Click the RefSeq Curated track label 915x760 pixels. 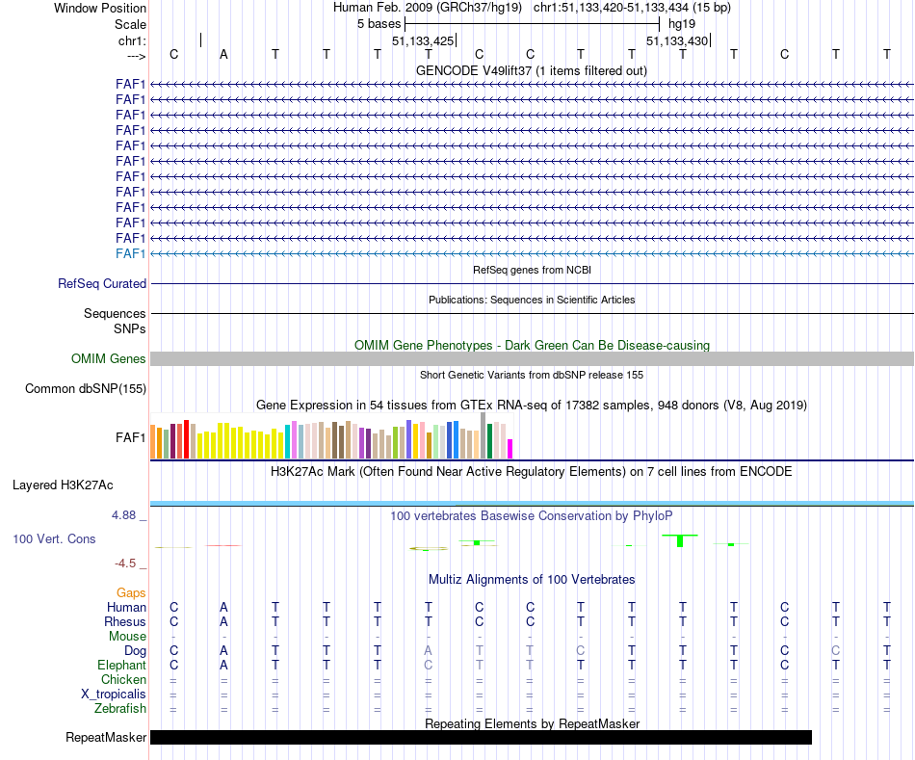(x=102, y=284)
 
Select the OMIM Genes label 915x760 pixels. (x=109, y=359)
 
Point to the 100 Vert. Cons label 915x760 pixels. (x=54, y=539)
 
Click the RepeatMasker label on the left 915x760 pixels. (x=106, y=738)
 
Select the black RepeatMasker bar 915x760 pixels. (x=481, y=738)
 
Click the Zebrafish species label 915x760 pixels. (x=120, y=709)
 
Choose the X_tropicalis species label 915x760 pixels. (x=114, y=694)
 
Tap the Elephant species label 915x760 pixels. (x=121, y=666)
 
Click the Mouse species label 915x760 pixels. (x=127, y=637)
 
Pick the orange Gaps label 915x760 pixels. (x=131, y=593)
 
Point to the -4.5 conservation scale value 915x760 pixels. (x=127, y=563)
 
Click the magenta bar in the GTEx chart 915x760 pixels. (x=510, y=449)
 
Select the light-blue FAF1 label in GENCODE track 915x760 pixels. (x=130, y=253)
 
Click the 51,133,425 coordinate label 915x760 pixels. (x=423, y=41)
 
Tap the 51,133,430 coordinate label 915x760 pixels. (x=677, y=41)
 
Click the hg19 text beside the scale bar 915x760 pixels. (x=682, y=23)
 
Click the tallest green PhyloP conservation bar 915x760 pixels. (x=680, y=540)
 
